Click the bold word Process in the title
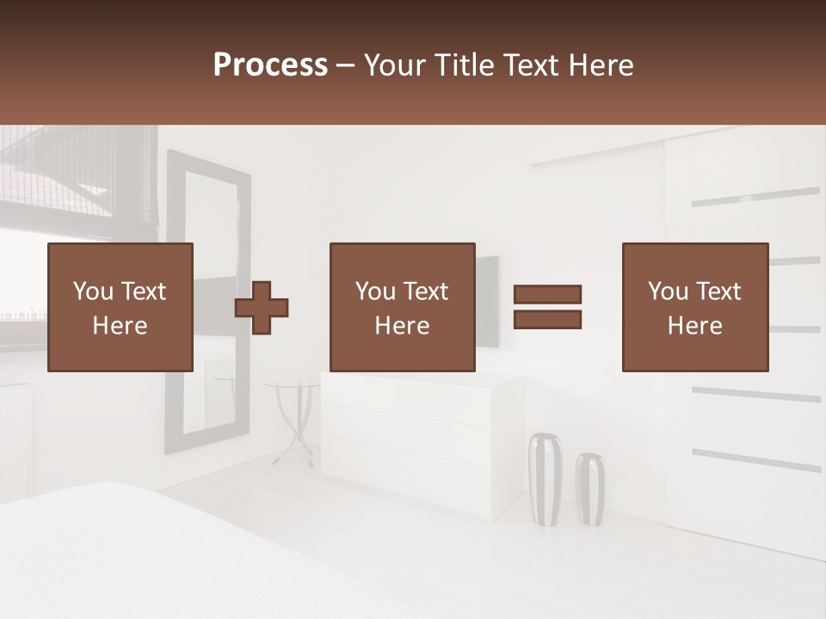click(x=270, y=65)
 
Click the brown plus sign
click(x=262, y=307)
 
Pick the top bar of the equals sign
click(x=547, y=294)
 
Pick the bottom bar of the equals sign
click(x=547, y=320)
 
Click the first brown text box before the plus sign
click(x=120, y=307)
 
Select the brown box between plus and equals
click(x=402, y=307)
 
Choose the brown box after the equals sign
click(x=695, y=307)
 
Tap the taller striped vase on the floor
click(x=545, y=478)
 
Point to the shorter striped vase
click(x=589, y=488)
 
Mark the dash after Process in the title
click(x=346, y=66)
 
